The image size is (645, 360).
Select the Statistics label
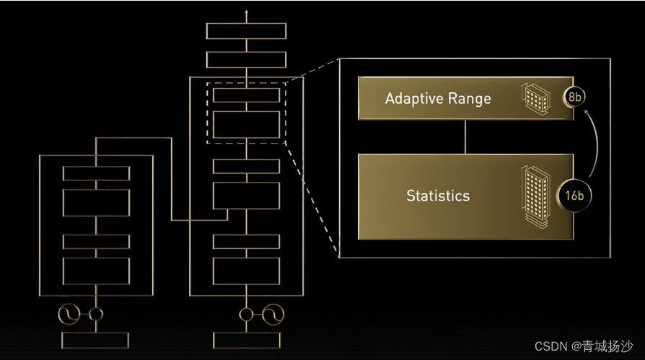[438, 196]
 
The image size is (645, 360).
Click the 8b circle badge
[575, 96]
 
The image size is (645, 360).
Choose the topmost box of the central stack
[247, 31]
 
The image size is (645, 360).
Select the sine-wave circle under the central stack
[270, 315]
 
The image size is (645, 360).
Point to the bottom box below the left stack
[95, 341]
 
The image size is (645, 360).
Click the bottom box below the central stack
[247, 341]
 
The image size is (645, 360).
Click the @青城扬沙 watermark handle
[602, 346]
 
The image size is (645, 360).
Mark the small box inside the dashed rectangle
[247, 95]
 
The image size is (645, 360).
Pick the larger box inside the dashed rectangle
[247, 124]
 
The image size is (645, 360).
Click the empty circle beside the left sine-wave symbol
[95, 315]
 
